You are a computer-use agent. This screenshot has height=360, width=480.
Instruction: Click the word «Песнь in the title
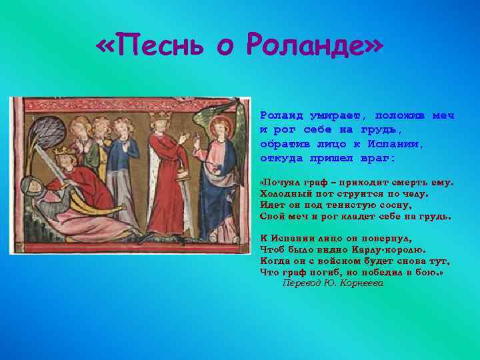point(149,46)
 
